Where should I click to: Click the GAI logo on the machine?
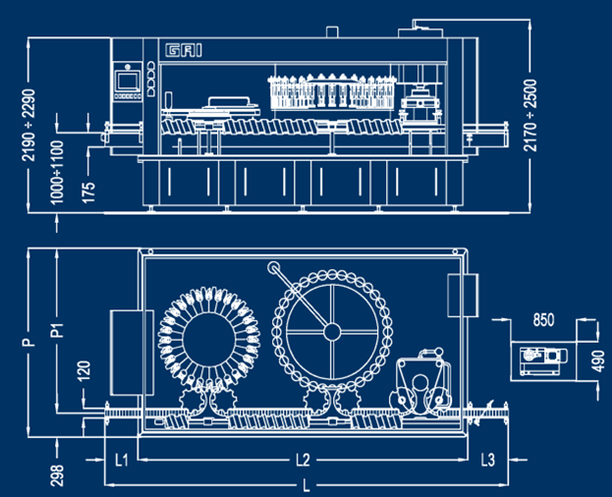[x=184, y=50]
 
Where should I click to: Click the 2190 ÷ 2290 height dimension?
[x=28, y=125]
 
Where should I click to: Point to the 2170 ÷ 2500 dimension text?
[x=530, y=115]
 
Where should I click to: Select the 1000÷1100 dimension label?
[x=57, y=172]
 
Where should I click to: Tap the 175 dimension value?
[x=88, y=192]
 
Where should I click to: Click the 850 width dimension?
[x=543, y=320]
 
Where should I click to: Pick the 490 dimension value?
[x=599, y=361]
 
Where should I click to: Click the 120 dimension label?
[x=83, y=370]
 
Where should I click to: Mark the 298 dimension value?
[x=57, y=475]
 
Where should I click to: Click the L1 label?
[x=122, y=460]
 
